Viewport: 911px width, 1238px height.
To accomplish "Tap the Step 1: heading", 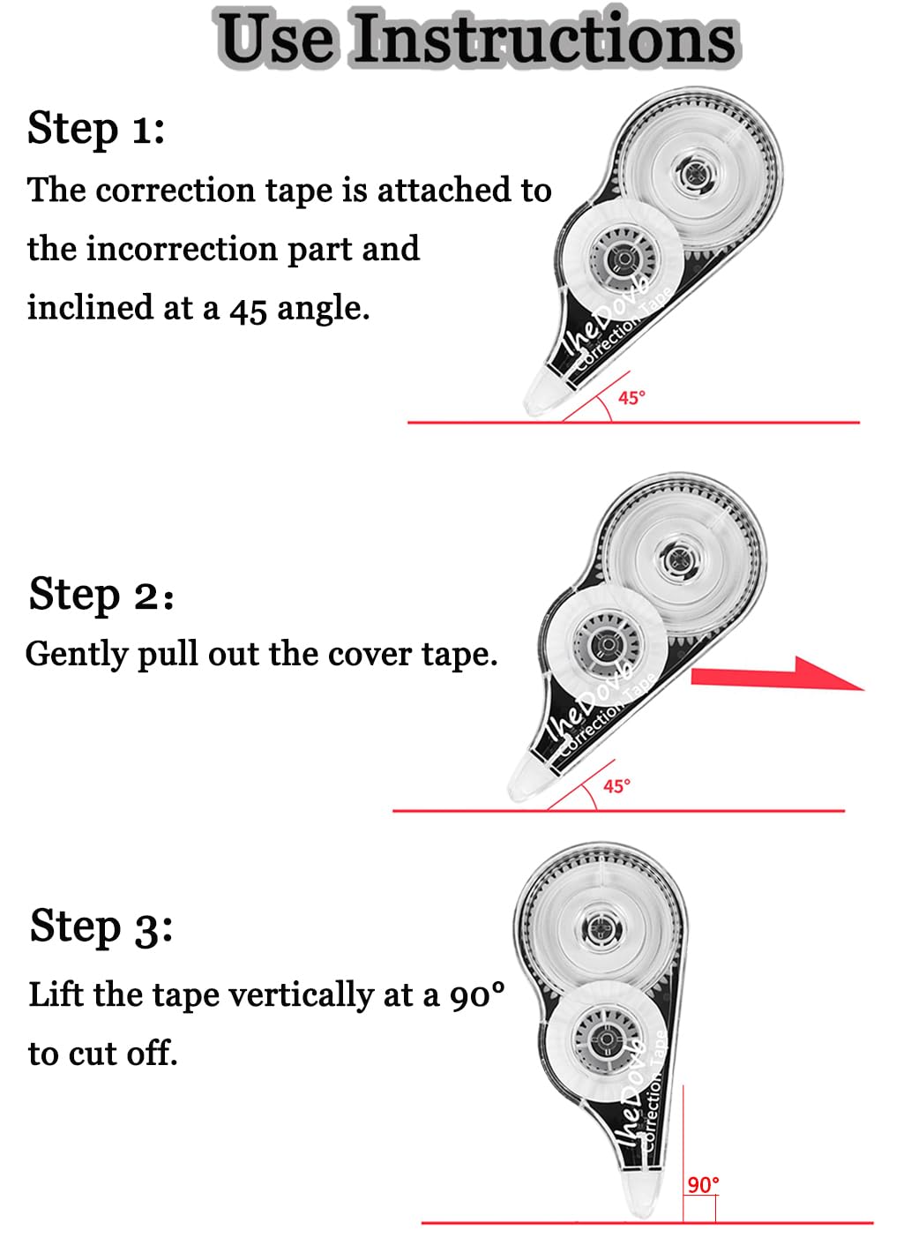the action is pos(96,129).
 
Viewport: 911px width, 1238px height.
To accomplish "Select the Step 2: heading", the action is pos(101,594).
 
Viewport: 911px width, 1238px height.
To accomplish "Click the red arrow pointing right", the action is pos(778,674).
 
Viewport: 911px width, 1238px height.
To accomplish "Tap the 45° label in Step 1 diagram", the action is pos(631,398).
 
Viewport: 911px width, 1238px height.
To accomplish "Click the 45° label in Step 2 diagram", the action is pos(616,786).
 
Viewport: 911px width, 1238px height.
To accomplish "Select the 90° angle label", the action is pos(703,1185).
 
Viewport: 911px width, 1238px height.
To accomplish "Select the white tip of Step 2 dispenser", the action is pos(529,779).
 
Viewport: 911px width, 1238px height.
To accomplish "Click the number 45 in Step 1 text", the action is pos(248,310).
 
